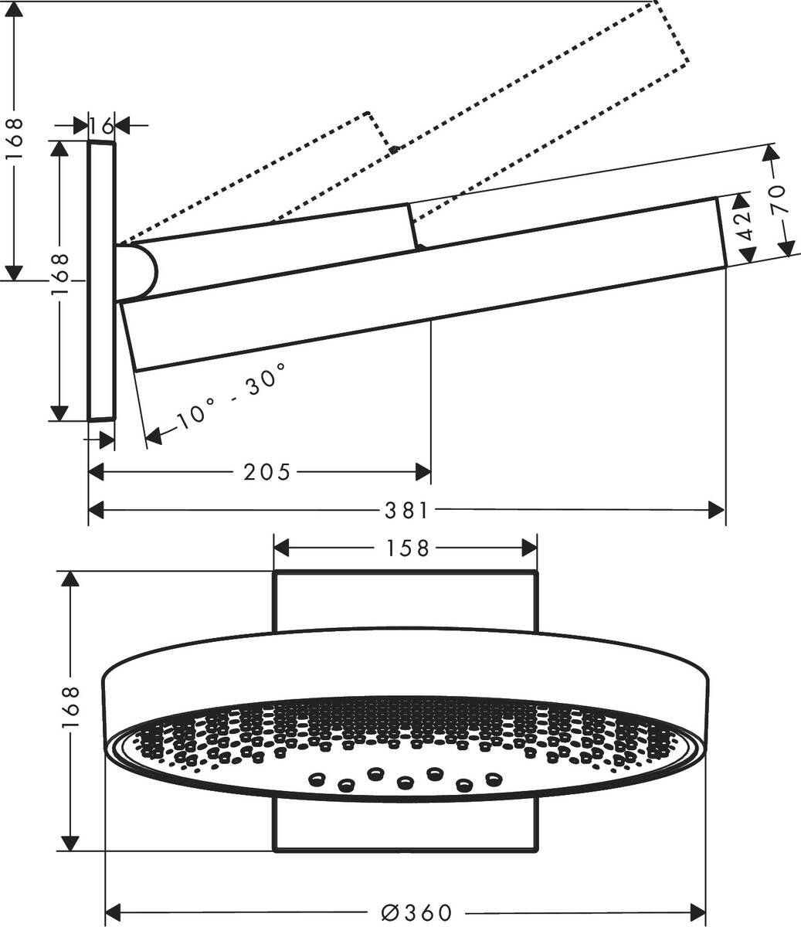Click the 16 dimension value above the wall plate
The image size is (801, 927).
click(101, 124)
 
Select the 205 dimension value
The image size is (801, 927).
click(267, 472)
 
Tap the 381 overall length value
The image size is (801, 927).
click(406, 511)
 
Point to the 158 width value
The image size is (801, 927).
click(408, 548)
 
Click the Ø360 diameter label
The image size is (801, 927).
click(417, 912)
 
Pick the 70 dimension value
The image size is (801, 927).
click(778, 199)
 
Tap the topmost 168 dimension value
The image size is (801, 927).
click(14, 140)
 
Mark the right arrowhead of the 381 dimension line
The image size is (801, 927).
click(718, 510)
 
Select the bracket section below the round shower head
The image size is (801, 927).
click(406, 827)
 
